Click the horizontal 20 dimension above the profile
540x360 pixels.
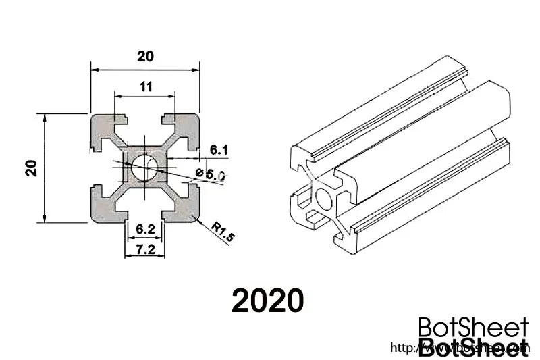pyautogui.click(x=146, y=57)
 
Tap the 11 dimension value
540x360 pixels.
pyautogui.click(x=145, y=86)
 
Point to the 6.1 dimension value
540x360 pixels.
pyautogui.click(x=220, y=149)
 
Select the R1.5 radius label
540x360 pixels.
pyautogui.click(x=222, y=232)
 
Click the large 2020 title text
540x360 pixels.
pyautogui.click(x=268, y=301)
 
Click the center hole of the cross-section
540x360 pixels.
pyautogui.click(x=146, y=168)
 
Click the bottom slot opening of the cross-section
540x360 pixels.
pyautogui.click(x=146, y=215)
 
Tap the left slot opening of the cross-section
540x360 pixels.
pyautogui.click(x=96, y=168)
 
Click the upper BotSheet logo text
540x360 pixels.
pyautogui.click(x=473, y=329)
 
